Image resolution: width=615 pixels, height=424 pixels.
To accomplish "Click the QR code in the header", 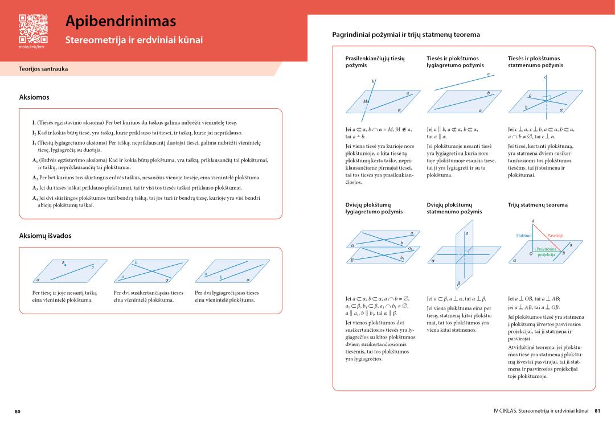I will [x=33, y=29].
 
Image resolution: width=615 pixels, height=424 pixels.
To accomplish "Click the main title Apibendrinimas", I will [x=121, y=21].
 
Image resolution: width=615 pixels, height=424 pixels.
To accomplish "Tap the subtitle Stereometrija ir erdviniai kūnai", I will [x=134, y=40].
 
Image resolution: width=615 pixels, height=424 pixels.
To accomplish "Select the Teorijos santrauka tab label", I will [x=43, y=69].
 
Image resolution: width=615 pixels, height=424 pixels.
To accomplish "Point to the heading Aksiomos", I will [x=34, y=97].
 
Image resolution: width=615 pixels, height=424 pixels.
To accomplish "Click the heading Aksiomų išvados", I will [x=46, y=235].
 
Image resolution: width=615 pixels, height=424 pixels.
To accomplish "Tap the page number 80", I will [x=18, y=411].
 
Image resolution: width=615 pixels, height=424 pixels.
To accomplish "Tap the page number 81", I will [x=597, y=411].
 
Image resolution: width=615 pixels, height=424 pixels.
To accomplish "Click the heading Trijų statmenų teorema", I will [x=538, y=205].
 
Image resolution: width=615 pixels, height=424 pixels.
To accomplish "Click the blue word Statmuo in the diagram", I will [x=524, y=235].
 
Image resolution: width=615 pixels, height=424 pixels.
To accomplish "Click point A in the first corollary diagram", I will [x=65, y=264].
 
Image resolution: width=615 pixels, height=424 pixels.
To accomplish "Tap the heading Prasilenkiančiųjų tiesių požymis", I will [x=375, y=61].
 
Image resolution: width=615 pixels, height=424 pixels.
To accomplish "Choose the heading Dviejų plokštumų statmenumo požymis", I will [x=454, y=208].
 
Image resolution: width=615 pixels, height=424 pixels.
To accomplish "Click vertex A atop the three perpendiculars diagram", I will [x=533, y=221].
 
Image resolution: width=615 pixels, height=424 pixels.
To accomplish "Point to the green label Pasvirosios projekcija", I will [x=547, y=252].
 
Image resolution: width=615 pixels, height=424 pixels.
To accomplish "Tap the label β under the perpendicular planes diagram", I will [x=459, y=283].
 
